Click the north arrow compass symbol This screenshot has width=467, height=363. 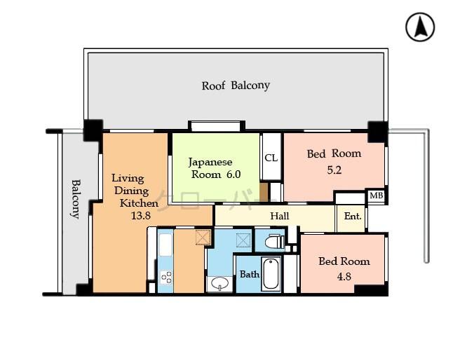(420, 27)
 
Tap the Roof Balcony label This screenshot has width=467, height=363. (236, 85)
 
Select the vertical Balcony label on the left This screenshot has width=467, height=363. (74, 199)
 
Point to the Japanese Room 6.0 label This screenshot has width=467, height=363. (215, 167)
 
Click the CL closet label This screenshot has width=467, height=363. (271, 158)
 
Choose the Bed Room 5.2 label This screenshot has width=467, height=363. (334, 161)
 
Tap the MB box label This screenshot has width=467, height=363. (376, 196)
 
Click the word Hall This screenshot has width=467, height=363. (280, 216)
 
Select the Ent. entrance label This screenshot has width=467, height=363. (352, 217)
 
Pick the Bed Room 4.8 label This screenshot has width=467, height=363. (344, 268)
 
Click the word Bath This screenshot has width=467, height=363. (250, 274)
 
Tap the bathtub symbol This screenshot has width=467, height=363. (271, 274)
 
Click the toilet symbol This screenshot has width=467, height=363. (273, 242)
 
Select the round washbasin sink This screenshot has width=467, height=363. (219, 284)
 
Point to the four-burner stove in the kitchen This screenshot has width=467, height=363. (166, 277)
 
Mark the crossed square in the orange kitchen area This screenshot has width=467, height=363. (203, 237)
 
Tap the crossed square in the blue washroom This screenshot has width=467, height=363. (244, 240)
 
